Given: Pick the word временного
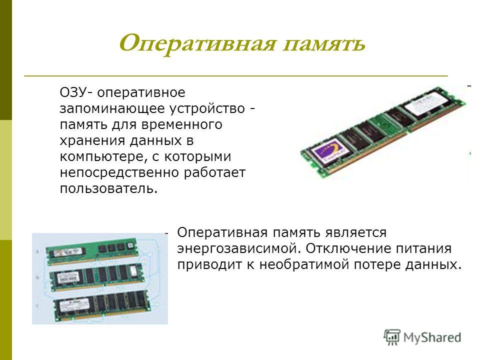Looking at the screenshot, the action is point(182,124).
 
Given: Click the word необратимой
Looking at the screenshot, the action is point(304,264).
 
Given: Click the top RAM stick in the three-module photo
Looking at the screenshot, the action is point(91,250).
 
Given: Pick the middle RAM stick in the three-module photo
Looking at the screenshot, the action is point(96,277).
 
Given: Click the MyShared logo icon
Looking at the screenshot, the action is point(392,337).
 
